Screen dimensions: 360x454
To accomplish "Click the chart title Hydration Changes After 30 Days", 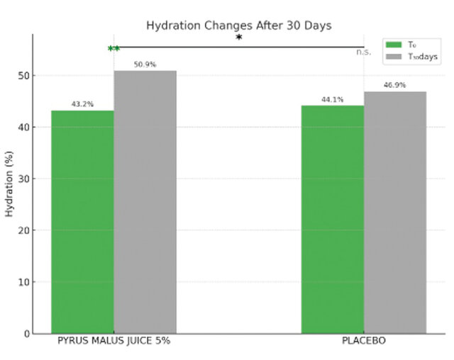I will [x=238, y=26].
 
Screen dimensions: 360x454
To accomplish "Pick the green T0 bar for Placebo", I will [x=333, y=219].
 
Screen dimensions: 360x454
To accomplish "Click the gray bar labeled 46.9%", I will [x=395, y=212].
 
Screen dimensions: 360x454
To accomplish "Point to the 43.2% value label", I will [x=82, y=104].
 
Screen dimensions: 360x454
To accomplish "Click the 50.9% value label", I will [x=145, y=64].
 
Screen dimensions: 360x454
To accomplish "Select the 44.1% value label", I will [x=333, y=100].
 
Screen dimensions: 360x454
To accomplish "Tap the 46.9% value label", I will [x=395, y=85].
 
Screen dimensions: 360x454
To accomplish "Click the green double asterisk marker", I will [x=113, y=49].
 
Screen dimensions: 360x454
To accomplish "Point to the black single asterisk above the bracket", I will [x=239, y=38].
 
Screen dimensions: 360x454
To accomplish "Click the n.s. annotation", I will [x=364, y=52].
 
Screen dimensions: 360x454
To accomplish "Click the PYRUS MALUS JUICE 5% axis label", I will [x=113, y=342].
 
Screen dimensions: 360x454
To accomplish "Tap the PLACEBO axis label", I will [x=364, y=342].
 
